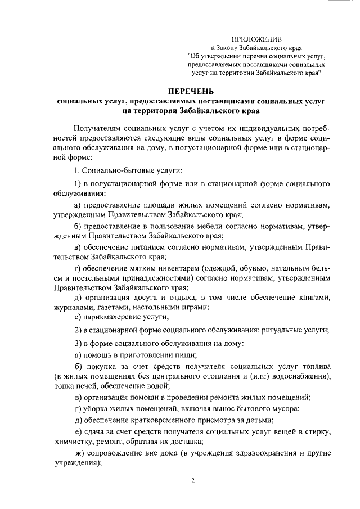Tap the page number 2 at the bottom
point(192,481)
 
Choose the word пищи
point(186,354)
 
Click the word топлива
point(314,366)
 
